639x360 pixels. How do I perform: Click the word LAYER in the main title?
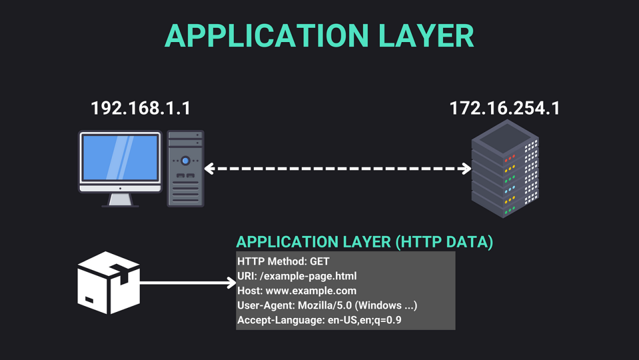tap(426, 36)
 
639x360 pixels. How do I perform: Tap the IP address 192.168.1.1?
tap(141, 108)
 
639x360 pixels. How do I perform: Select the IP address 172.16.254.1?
tap(505, 108)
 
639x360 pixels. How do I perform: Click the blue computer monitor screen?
tap(120, 157)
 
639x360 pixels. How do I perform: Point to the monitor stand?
tap(120, 200)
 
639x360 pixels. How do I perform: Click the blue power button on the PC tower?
tap(185, 160)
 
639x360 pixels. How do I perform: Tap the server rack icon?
tap(505, 168)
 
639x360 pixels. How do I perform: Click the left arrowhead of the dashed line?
tap(209, 168)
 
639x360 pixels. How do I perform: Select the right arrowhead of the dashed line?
tap(467, 168)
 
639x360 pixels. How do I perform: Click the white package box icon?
tap(108, 282)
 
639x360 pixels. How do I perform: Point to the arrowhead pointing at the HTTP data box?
tap(231, 282)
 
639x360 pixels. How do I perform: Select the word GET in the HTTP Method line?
tap(319, 261)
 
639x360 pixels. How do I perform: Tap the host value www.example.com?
tap(311, 291)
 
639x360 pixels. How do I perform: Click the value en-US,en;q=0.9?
tap(364, 320)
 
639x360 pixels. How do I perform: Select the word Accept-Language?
tap(281, 320)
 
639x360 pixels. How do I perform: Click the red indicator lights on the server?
tap(510, 158)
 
